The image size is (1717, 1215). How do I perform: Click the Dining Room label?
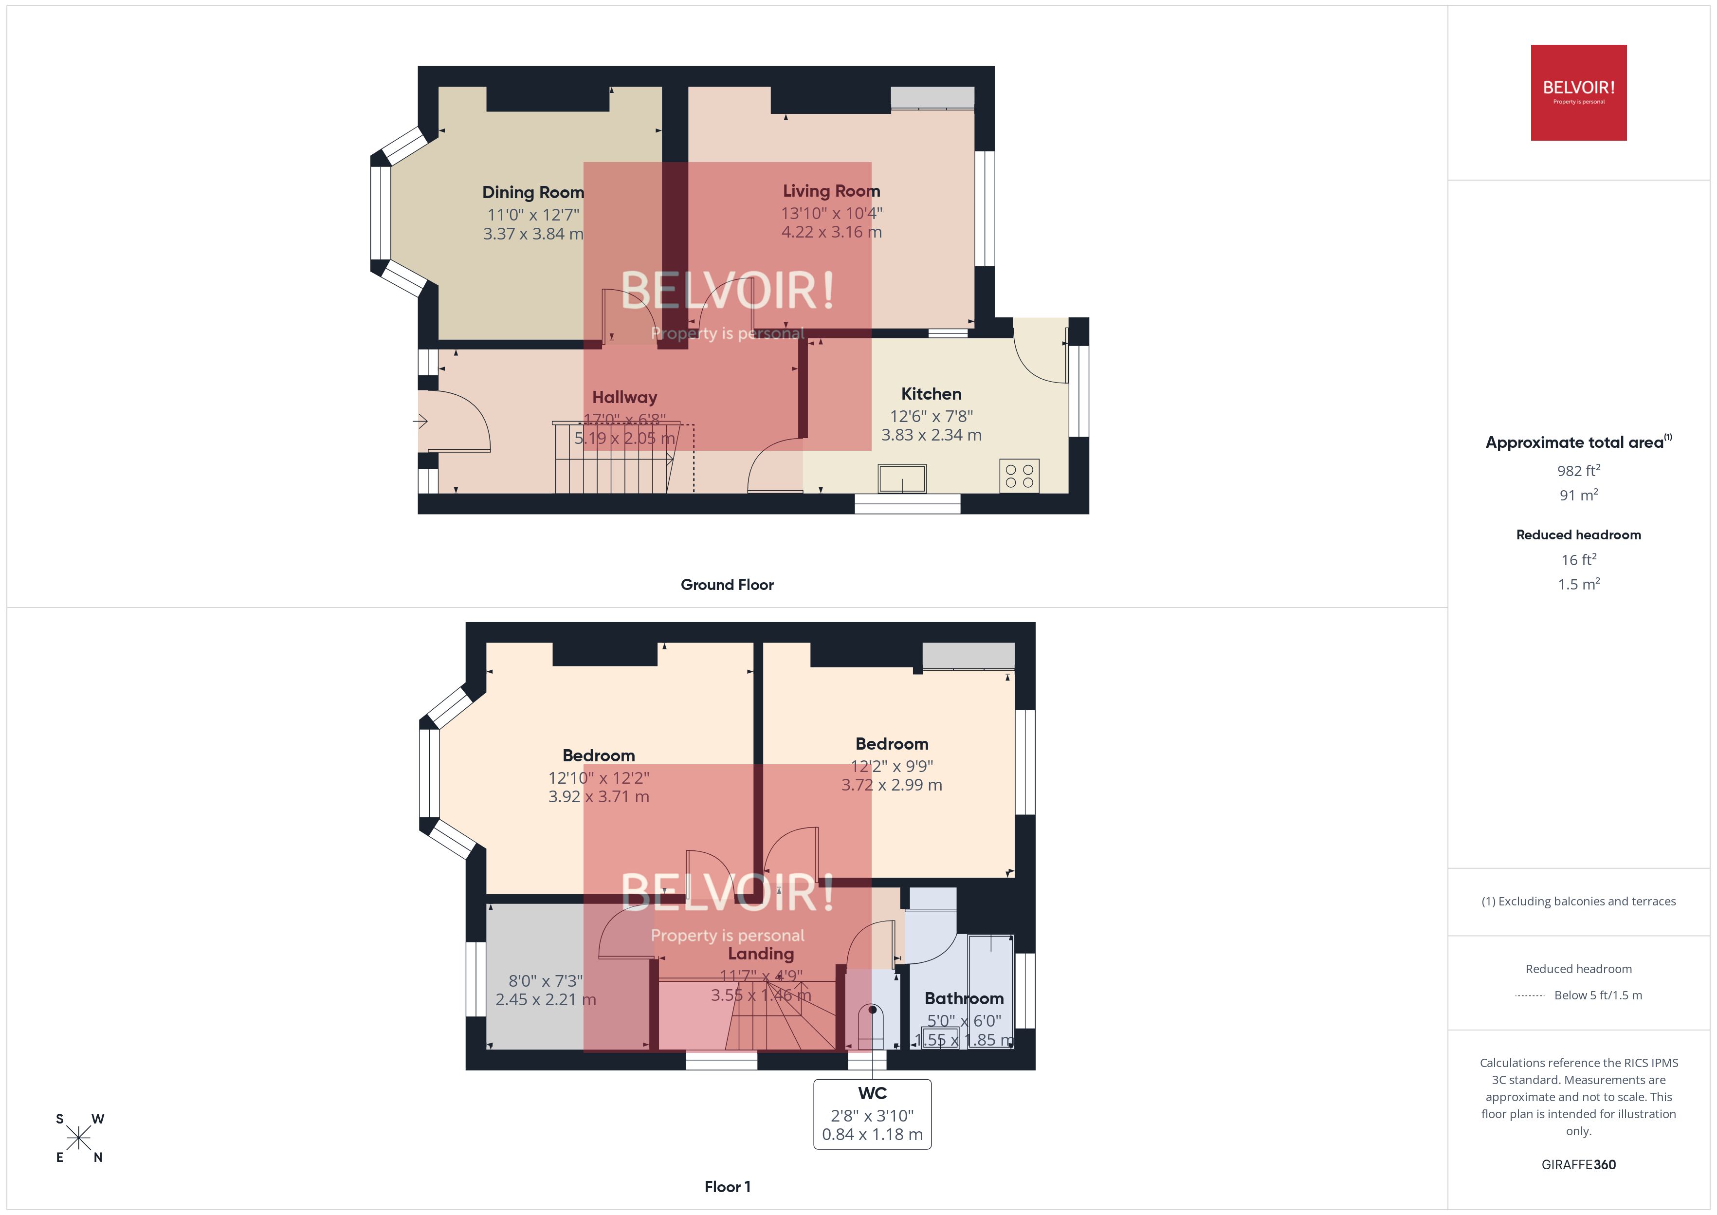(532, 192)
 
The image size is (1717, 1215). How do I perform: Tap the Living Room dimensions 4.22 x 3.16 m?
(832, 232)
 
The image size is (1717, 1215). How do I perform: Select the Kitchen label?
(931, 393)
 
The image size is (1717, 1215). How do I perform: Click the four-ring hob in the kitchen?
(1019, 476)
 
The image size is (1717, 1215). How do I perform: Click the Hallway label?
(624, 397)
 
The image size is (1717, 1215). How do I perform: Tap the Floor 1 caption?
(727, 1187)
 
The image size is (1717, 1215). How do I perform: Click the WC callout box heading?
(872, 1093)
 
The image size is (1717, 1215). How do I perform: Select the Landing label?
(761, 954)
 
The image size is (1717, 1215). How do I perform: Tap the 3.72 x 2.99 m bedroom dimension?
(892, 785)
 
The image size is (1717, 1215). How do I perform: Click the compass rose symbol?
(78, 1138)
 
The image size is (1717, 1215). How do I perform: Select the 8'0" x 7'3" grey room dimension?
(545, 981)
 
